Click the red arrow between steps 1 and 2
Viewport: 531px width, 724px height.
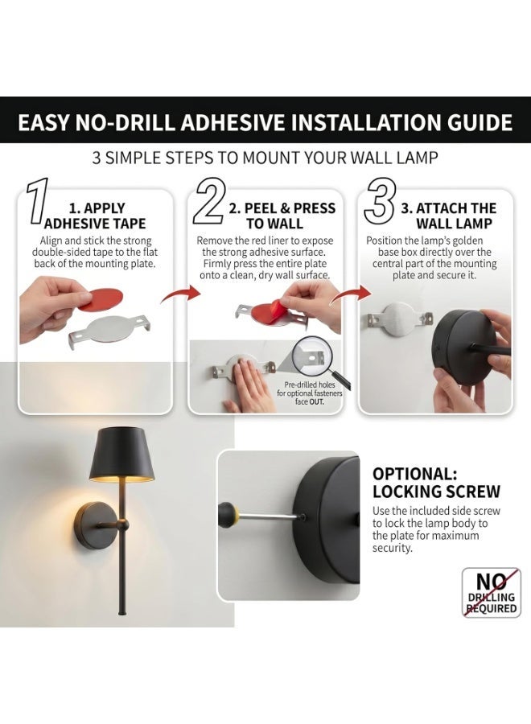click(181, 294)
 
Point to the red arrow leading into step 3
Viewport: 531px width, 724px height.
click(352, 294)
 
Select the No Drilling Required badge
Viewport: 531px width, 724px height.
click(492, 593)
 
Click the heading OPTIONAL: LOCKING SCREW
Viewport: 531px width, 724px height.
click(436, 483)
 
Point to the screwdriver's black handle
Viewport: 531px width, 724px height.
click(228, 512)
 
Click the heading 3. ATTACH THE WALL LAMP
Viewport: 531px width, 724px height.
click(448, 216)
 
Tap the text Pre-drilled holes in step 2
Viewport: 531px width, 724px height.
click(310, 385)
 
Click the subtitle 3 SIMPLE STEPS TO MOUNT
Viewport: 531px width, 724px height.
click(220, 158)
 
